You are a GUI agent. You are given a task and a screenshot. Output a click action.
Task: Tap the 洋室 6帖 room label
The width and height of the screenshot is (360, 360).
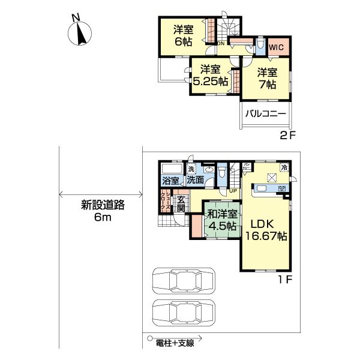[183, 35]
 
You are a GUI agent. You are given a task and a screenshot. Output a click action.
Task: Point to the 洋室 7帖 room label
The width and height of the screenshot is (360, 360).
[267, 79]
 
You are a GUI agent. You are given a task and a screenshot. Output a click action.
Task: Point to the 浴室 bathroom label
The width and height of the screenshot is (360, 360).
[170, 181]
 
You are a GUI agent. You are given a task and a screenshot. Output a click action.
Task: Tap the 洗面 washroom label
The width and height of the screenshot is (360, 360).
[194, 180]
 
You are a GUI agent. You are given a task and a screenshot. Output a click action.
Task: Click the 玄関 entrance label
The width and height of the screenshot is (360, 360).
[181, 204]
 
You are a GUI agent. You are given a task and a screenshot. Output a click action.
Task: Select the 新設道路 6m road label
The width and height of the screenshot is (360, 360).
[103, 211]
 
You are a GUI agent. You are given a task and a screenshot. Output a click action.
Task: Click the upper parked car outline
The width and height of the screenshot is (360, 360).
[184, 280]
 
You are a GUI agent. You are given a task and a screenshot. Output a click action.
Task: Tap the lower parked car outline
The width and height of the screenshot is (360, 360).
[184, 312]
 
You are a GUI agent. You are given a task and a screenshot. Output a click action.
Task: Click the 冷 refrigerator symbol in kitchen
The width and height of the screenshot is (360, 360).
[284, 167]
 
